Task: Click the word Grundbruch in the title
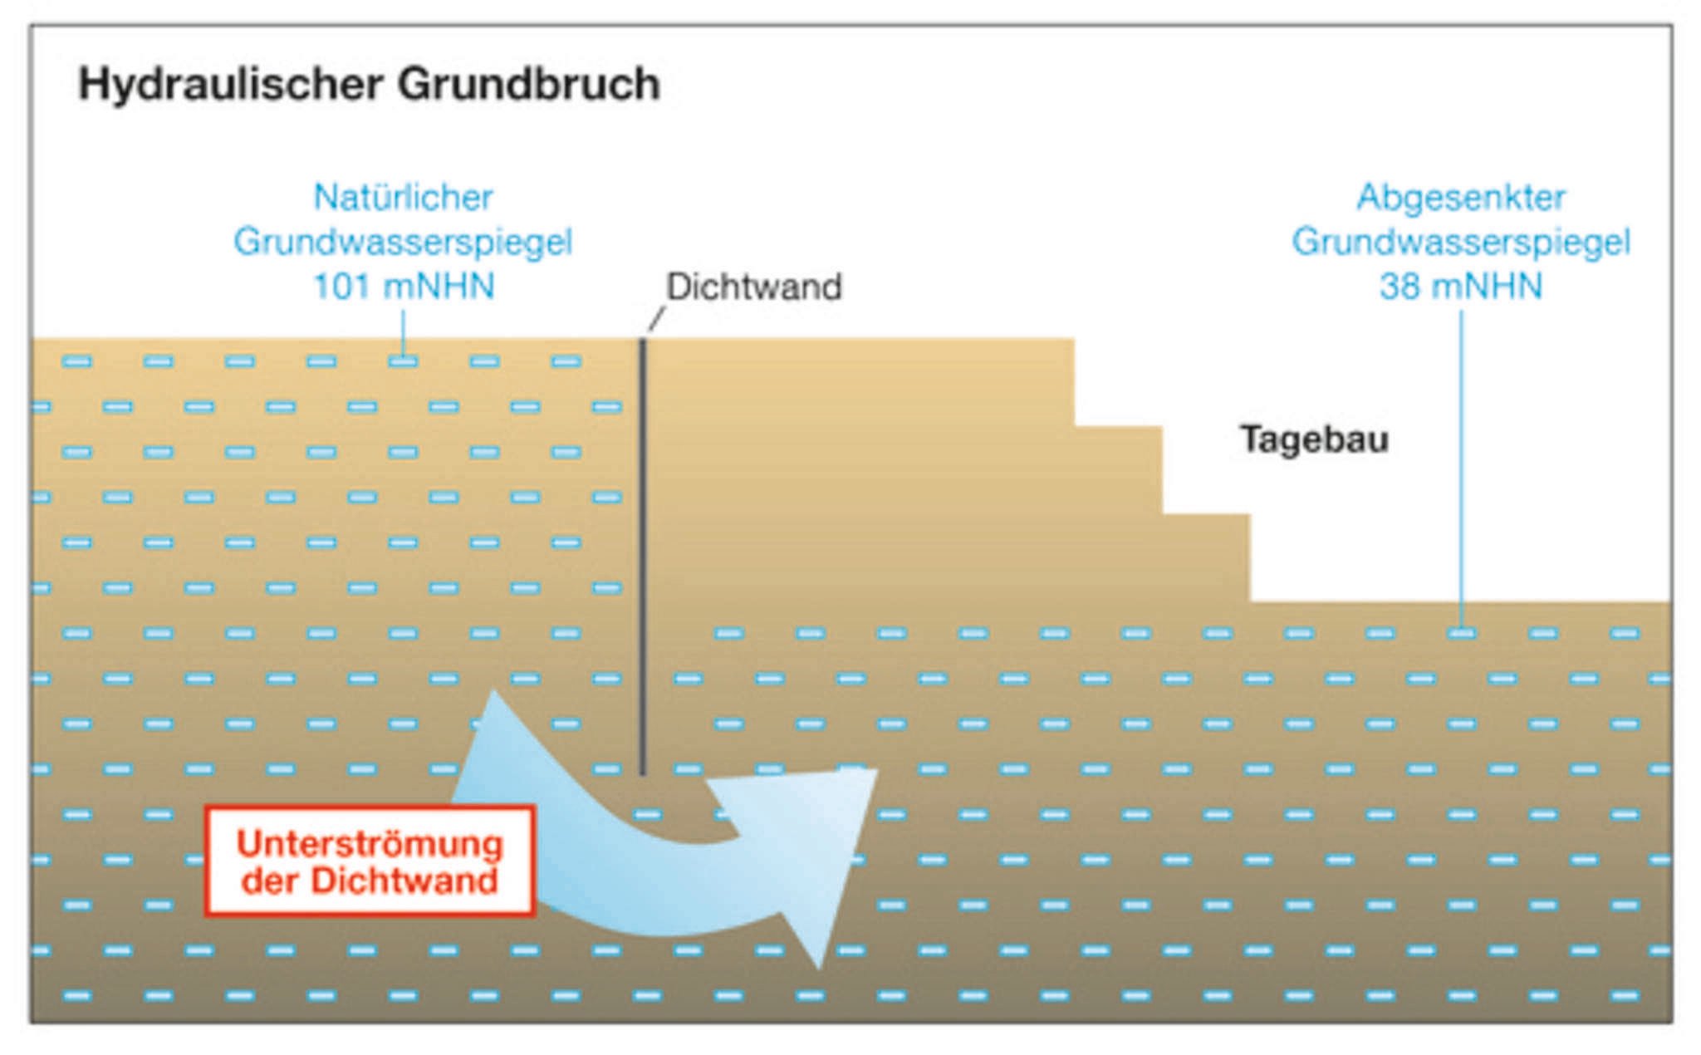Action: [x=528, y=85]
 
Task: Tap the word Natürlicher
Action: [x=403, y=198]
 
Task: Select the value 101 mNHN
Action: [x=403, y=287]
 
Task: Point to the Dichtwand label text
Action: [x=754, y=287]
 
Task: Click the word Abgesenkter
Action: [x=1461, y=198]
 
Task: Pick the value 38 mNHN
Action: [x=1461, y=287]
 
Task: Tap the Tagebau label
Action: [x=1314, y=439]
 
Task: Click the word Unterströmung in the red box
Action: [x=370, y=844]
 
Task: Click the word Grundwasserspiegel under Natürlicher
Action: [x=403, y=242]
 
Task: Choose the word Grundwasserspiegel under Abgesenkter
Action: [x=1461, y=242]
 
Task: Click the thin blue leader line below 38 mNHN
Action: [x=1461, y=465]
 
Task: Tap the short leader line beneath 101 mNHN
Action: [x=403, y=332]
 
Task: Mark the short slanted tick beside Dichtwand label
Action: [x=656, y=319]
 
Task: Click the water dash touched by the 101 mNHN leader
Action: [x=403, y=361]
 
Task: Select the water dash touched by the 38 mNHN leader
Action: [x=1461, y=634]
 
